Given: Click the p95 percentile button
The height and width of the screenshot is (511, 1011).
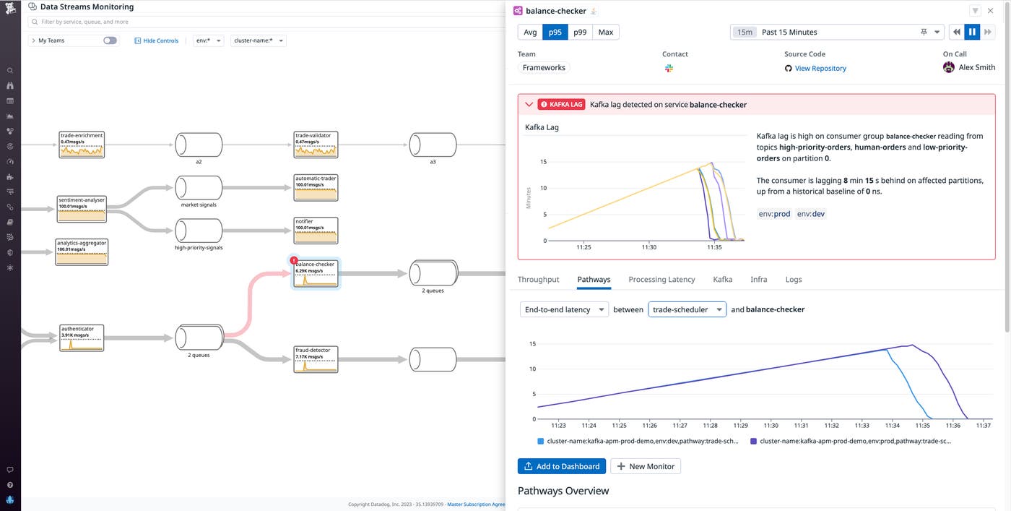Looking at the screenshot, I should tap(555, 32).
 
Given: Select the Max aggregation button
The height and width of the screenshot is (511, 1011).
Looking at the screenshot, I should tap(605, 32).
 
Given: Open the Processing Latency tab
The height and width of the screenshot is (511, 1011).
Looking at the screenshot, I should tap(661, 279).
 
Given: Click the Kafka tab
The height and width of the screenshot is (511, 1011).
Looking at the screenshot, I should tap(722, 279).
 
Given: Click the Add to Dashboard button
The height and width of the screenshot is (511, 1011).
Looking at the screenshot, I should tap(561, 466).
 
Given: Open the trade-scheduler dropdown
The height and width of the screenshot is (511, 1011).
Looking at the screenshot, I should tap(687, 309).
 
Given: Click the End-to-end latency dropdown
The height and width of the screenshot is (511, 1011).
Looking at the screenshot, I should tap(564, 309).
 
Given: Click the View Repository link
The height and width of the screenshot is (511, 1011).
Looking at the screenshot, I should tap(820, 68).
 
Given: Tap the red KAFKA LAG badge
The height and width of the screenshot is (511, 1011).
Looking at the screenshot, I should tap(560, 105).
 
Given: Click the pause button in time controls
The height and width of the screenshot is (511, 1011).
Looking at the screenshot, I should tap(972, 32).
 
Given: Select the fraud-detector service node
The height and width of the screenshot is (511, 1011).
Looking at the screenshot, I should tap(316, 358).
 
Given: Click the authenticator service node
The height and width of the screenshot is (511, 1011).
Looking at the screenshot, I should tap(82, 338).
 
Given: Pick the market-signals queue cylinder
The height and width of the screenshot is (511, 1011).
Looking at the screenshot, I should tap(199, 188).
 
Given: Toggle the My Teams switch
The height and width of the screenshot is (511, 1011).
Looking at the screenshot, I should tap(110, 40).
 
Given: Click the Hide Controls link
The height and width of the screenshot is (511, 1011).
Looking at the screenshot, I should tap(157, 40).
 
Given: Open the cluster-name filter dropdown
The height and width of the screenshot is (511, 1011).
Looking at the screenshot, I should tap(259, 40).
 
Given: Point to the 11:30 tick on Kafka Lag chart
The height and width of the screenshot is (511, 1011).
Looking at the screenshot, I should tap(648, 247).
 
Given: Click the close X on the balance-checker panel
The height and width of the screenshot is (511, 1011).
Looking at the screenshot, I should tap(990, 11).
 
